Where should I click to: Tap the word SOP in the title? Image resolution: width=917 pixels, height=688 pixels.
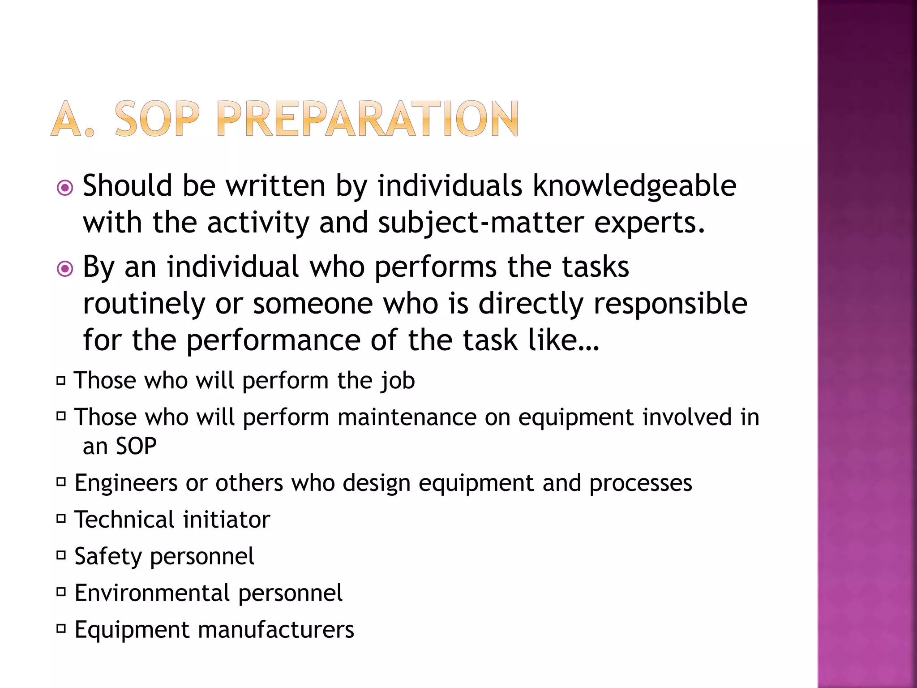tap(157, 119)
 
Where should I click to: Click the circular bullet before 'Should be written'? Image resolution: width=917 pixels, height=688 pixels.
tap(65, 188)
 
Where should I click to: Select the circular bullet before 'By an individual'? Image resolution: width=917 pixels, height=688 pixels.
tap(65, 269)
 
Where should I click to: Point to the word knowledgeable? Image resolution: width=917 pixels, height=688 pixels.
tap(634, 186)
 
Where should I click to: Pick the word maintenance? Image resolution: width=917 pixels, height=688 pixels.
tap(407, 417)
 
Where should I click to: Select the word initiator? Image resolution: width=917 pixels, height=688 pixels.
tap(226, 520)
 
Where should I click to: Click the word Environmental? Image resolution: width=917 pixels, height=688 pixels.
tap(152, 593)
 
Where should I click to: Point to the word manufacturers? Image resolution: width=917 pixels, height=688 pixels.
tap(276, 630)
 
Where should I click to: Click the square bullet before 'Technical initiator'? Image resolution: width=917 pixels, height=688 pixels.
tap(61, 519)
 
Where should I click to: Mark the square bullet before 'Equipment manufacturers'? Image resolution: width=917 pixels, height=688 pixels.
tap(61, 629)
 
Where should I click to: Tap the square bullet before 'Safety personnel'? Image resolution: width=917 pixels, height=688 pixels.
tap(61, 556)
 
